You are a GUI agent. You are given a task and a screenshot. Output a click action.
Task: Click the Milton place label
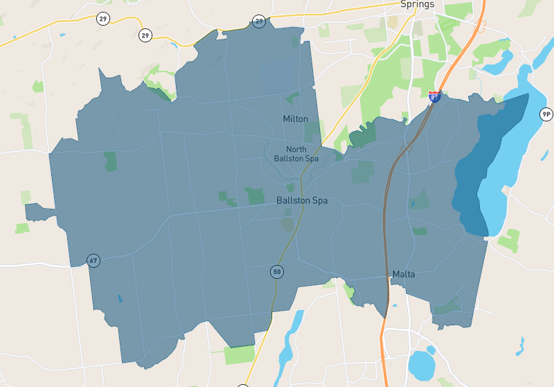tap(295, 119)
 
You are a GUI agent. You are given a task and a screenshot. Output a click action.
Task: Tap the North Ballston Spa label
tap(296, 153)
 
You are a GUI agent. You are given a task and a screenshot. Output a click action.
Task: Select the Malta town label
tap(403, 274)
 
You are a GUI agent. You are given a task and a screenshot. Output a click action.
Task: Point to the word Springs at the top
tap(417, 4)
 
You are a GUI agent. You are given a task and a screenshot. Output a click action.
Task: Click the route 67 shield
tap(93, 261)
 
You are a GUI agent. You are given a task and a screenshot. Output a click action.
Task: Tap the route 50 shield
tap(277, 272)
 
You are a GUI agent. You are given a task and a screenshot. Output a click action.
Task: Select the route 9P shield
tap(546, 114)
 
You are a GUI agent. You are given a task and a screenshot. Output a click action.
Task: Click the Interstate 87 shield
tap(434, 97)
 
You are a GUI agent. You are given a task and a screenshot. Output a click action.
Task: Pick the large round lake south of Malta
tap(422, 363)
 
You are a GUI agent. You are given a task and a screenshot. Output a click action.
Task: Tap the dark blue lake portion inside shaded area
tap(478, 173)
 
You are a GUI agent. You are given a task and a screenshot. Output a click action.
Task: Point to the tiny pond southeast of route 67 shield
tap(119, 299)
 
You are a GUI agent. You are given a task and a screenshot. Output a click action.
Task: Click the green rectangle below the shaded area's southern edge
tap(240, 354)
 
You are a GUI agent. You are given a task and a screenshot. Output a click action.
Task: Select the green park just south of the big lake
tap(509, 240)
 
